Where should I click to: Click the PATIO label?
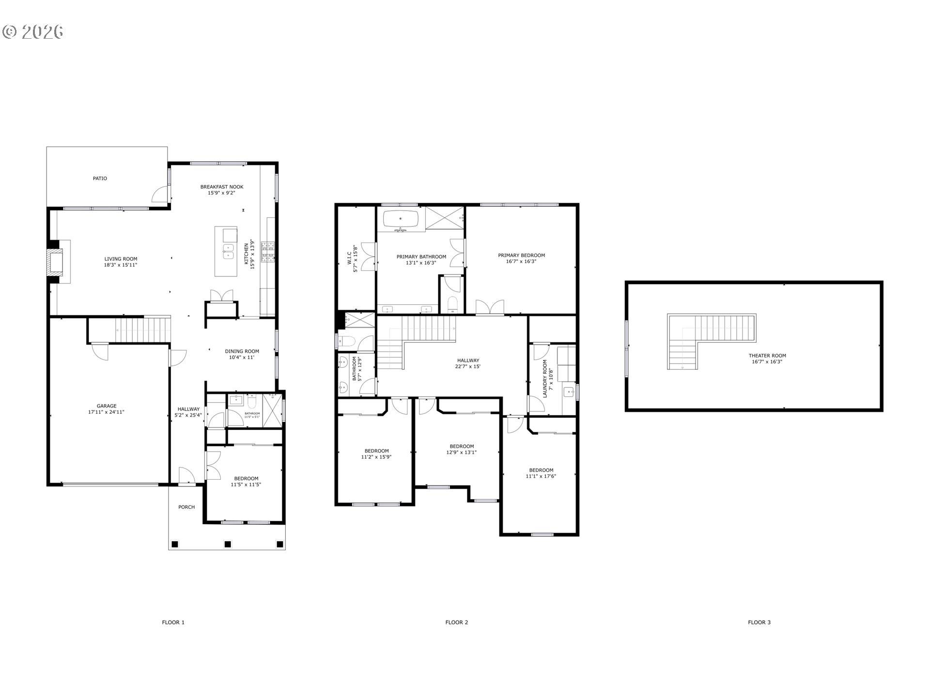[100, 179]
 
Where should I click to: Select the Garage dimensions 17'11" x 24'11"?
[106, 412]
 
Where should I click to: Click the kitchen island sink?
[228, 252]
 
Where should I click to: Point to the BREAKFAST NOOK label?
[222, 187]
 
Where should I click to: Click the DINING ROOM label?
[242, 351]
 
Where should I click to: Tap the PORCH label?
[186, 507]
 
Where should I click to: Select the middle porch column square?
[228, 544]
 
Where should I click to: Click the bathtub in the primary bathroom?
[401, 219]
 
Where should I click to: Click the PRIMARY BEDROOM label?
[521, 256]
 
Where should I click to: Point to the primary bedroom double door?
[490, 308]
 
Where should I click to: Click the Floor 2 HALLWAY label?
[468, 361]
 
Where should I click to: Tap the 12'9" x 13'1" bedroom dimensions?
[461, 453]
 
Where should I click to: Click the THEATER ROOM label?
[767, 356]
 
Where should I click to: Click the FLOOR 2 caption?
[456, 622]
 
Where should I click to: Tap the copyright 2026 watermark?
[33, 32]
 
